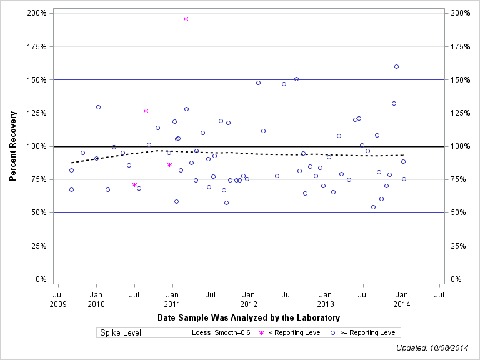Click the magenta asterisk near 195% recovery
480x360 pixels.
[x=186, y=19]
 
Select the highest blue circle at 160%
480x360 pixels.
[x=396, y=66]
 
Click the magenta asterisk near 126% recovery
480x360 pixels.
[x=146, y=111]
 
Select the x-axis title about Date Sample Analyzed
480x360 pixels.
[x=249, y=318]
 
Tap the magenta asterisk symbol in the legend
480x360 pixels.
[x=261, y=333]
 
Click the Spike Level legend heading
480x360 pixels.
[x=121, y=333]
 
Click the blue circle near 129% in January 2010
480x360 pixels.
[x=98, y=107]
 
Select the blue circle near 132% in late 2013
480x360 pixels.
[x=394, y=103]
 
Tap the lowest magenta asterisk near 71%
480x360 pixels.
[x=134, y=185]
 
